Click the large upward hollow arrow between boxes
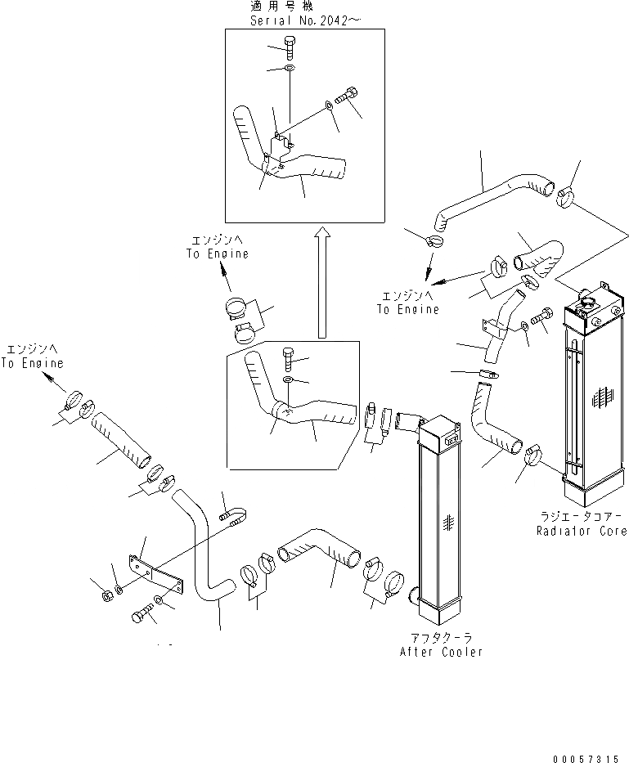point(322,282)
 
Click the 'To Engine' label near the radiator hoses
point(407,310)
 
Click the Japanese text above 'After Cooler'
point(440,636)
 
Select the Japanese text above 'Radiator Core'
point(582,517)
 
